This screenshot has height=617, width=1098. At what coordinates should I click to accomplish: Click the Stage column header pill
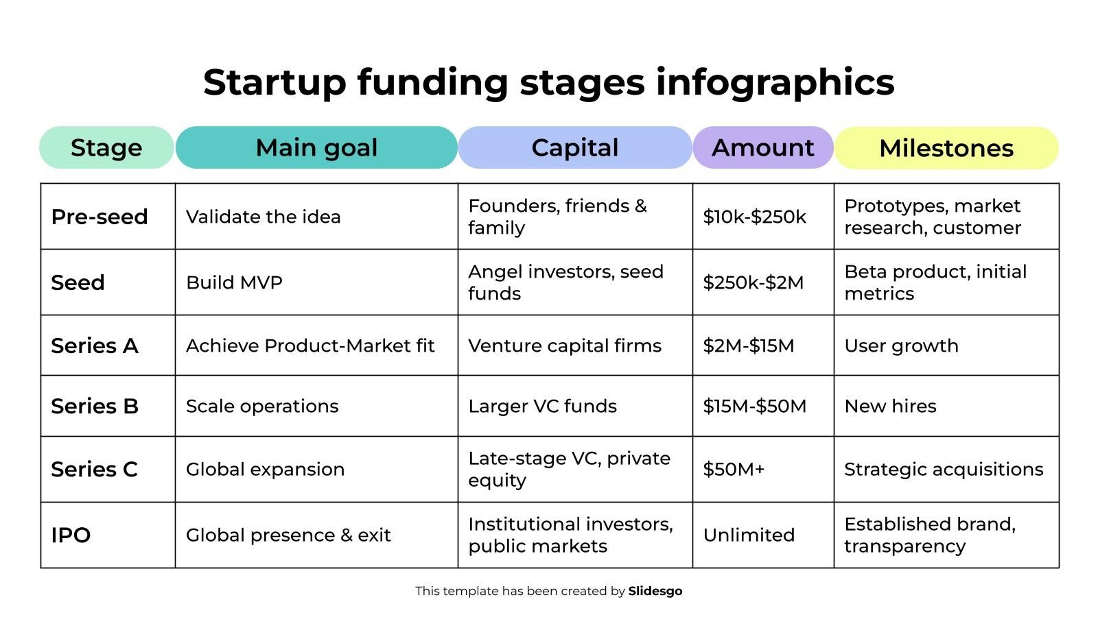pyautogui.click(x=106, y=147)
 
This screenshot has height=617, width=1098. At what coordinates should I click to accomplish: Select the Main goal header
pyautogui.click(x=316, y=147)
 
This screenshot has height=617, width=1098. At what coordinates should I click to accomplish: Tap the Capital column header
pyautogui.click(x=575, y=147)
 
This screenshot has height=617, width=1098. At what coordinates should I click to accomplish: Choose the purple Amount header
pyautogui.click(x=762, y=147)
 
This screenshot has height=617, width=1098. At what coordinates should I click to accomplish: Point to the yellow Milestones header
pyautogui.click(x=946, y=148)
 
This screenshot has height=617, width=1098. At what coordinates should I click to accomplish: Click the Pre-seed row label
pyautogui.click(x=100, y=217)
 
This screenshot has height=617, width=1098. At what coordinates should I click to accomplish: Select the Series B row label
pyautogui.click(x=95, y=406)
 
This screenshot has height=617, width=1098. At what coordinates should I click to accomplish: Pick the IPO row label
pyautogui.click(x=71, y=535)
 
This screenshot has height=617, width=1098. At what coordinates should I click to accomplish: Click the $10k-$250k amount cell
pyautogui.click(x=754, y=217)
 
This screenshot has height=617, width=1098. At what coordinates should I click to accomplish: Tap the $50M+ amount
pyautogui.click(x=734, y=469)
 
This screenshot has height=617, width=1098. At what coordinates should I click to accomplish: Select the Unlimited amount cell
pyautogui.click(x=749, y=535)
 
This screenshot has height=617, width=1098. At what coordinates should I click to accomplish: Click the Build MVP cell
pyautogui.click(x=234, y=282)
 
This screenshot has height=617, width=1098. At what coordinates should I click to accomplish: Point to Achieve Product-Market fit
pyautogui.click(x=310, y=346)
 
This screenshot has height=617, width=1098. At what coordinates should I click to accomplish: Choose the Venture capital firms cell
pyautogui.click(x=565, y=346)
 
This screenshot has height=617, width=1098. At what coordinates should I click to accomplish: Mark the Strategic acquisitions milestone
pyautogui.click(x=944, y=469)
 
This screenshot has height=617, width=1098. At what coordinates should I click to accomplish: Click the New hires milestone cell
pyautogui.click(x=890, y=406)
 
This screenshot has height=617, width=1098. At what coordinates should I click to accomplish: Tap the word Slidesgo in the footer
pyautogui.click(x=655, y=591)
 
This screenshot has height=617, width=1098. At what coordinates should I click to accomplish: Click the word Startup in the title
pyautogui.click(x=274, y=82)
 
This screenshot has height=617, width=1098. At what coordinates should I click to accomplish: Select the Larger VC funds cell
pyautogui.click(x=542, y=406)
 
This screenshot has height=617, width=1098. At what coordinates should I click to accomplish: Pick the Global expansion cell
pyautogui.click(x=265, y=469)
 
